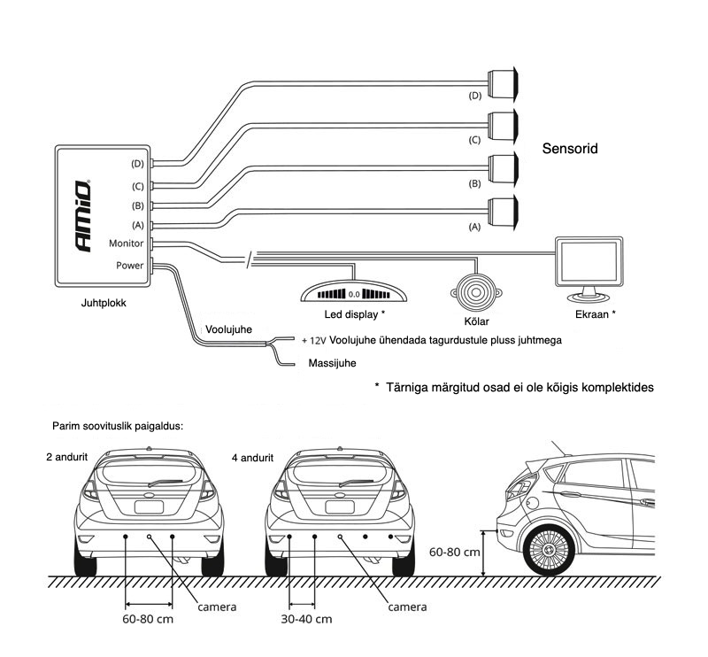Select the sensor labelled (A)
[504, 210]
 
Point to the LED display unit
[353, 292]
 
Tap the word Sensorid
[569, 149]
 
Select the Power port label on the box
[129, 265]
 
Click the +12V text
[313, 340]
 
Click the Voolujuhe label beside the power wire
[229, 329]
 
